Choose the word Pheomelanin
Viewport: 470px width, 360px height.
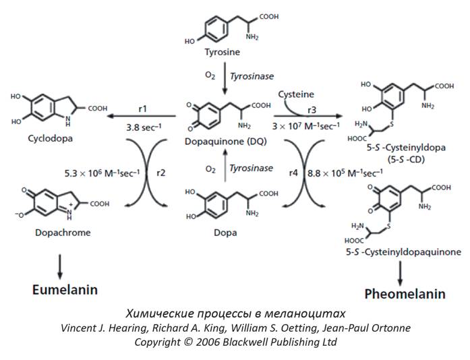click(x=404, y=294)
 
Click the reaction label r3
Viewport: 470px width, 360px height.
click(x=311, y=108)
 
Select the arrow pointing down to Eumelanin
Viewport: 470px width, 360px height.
click(x=60, y=264)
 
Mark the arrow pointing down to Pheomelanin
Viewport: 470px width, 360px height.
click(x=402, y=268)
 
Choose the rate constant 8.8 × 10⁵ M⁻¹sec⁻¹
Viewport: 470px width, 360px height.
click(x=342, y=173)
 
